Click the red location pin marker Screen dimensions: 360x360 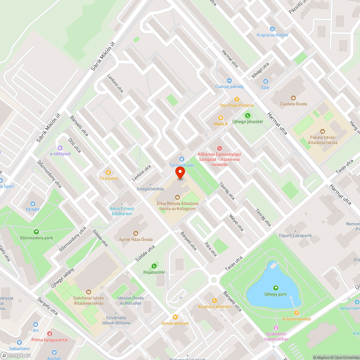point(180,172)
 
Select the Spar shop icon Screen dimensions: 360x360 point(266,82)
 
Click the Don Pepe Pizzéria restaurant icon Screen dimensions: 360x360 point(237,99)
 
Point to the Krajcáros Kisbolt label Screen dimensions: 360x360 point(273,35)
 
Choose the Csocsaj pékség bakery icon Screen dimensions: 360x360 point(229,81)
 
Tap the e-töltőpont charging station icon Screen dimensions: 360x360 point(60,148)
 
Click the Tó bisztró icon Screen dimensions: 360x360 point(107,172)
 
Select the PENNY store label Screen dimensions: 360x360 point(33,210)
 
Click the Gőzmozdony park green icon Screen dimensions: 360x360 point(36,231)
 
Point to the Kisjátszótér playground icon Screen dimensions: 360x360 point(154,266)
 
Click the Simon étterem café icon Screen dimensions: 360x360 point(175,317)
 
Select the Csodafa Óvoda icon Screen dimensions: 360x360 point(293,98)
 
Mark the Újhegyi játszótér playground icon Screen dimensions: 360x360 point(247,116)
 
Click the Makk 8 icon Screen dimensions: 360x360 point(221,118)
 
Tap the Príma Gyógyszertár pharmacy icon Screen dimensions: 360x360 point(50,334)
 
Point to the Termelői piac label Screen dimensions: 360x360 point(182,165)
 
